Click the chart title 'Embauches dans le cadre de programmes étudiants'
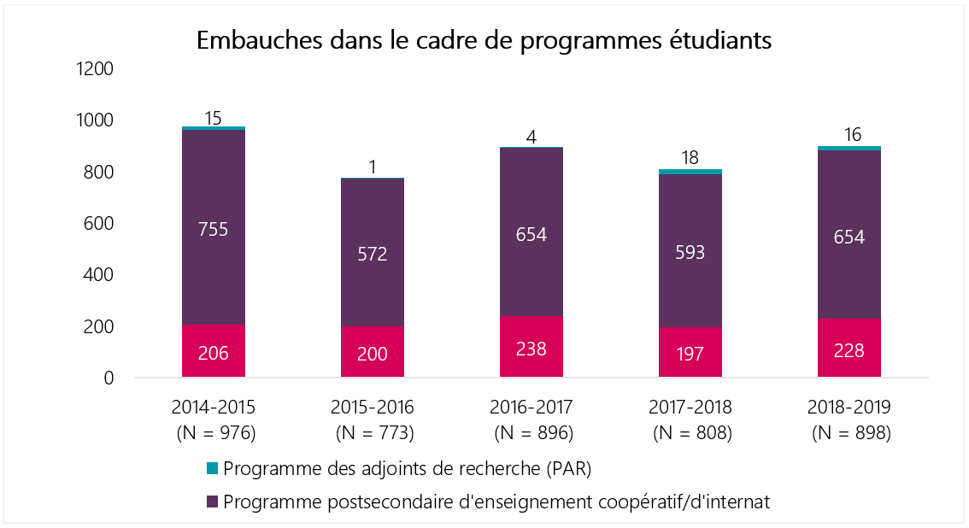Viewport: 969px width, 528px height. (x=484, y=41)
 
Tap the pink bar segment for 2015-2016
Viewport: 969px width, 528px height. (x=373, y=352)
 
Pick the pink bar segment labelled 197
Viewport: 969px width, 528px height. (x=690, y=352)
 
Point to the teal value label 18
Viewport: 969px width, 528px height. (x=690, y=159)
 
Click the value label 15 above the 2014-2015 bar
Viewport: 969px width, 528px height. (x=214, y=116)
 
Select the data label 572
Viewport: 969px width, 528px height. (x=373, y=254)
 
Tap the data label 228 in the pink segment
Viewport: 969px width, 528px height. (x=849, y=350)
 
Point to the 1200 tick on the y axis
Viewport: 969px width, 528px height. (x=95, y=68)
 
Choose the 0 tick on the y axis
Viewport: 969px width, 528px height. (x=109, y=378)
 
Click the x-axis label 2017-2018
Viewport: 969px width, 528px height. (x=690, y=408)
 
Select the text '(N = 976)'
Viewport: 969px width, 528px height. (x=214, y=433)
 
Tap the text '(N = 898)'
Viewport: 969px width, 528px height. (x=849, y=433)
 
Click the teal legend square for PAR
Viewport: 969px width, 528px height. (x=214, y=468)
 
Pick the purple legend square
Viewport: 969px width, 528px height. (x=214, y=502)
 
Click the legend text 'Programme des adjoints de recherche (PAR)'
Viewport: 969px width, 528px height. (x=407, y=469)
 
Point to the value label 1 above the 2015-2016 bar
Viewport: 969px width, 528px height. (x=373, y=167)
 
